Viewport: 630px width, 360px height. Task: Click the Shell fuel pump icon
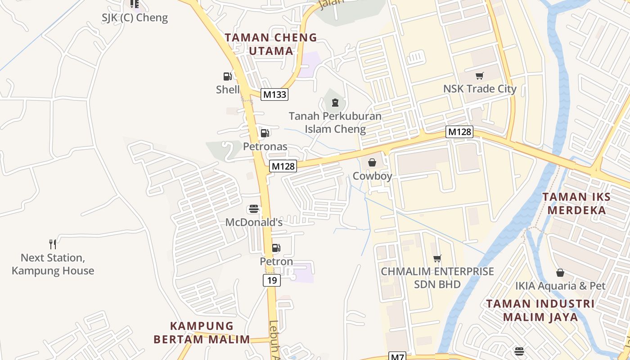tap(228, 76)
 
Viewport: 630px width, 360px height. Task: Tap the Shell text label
tap(228, 90)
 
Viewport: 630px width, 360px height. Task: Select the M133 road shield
tap(274, 94)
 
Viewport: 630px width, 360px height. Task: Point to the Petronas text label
tap(265, 146)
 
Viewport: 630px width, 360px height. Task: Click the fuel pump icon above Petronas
tap(265, 133)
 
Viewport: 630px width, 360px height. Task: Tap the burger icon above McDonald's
tap(254, 209)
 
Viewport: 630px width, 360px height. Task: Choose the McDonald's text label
tap(254, 222)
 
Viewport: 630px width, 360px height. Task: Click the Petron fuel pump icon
tap(276, 248)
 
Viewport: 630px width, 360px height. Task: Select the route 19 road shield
tap(272, 281)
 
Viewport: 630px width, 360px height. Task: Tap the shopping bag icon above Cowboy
tap(372, 162)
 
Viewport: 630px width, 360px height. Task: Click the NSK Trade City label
tap(480, 89)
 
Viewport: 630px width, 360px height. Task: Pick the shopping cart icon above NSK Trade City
tap(480, 76)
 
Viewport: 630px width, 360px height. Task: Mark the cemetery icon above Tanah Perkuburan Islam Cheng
tap(335, 103)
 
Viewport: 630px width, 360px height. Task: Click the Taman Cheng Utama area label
tap(271, 44)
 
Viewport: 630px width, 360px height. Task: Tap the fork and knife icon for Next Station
tap(53, 244)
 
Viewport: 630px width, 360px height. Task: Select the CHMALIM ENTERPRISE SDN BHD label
tap(437, 278)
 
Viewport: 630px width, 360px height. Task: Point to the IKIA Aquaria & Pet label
tap(560, 286)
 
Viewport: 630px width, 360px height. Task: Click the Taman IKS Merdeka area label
tap(576, 203)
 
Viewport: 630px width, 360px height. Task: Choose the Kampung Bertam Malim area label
tap(202, 333)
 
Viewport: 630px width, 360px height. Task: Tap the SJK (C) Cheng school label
tap(135, 18)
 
